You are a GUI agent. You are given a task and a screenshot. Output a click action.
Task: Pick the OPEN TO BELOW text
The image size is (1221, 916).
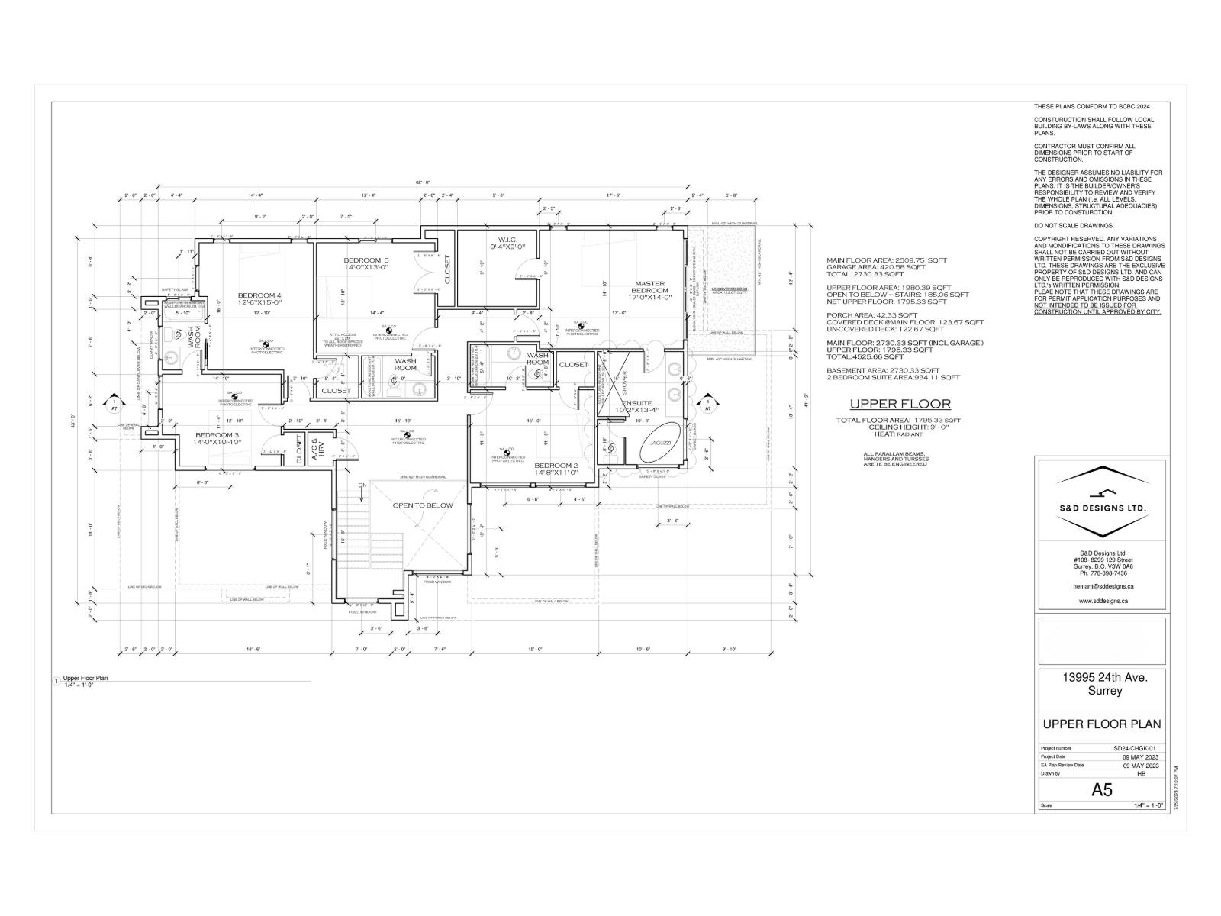(x=422, y=505)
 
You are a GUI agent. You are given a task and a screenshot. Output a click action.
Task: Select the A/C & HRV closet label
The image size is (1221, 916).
(x=317, y=449)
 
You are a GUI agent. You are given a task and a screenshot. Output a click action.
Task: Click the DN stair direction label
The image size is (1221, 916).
(x=363, y=485)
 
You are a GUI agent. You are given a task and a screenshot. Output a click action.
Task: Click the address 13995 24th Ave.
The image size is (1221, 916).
(x=1103, y=677)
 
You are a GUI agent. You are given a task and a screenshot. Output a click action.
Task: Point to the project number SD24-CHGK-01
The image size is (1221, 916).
(x=1136, y=748)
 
